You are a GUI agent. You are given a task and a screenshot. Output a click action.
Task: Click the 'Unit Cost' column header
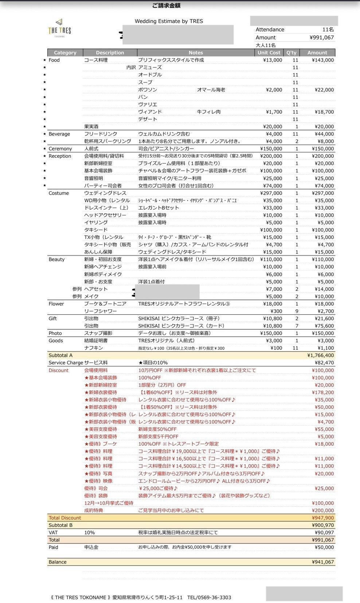click(269, 52)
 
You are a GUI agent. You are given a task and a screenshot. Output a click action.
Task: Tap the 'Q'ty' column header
click(291, 52)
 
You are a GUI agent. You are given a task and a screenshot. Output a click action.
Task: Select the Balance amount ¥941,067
click(323, 562)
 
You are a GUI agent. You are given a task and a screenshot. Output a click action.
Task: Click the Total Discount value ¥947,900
click(323, 518)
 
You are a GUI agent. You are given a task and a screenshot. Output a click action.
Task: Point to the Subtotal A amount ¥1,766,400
click(321, 355)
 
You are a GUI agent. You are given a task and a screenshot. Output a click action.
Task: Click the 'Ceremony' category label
click(60, 149)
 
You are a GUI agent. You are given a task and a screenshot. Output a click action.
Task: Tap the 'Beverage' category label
click(59, 134)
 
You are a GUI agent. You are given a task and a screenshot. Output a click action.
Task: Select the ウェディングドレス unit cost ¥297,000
click(271, 193)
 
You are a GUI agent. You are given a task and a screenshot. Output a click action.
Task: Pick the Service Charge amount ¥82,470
click(324, 363)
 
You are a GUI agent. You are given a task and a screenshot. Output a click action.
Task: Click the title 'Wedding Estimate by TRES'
click(169, 21)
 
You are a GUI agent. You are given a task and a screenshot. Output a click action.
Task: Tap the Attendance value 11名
click(328, 30)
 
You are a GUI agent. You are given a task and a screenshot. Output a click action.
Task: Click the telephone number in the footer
click(209, 598)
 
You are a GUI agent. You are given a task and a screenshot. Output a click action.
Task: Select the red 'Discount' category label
click(58, 370)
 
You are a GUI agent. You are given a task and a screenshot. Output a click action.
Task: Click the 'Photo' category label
click(55, 333)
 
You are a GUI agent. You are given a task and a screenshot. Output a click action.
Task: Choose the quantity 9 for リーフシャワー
click(297, 311)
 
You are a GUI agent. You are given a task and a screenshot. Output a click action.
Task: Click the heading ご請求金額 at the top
click(166, 5)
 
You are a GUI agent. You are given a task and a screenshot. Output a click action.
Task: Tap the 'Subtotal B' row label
click(60, 525)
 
